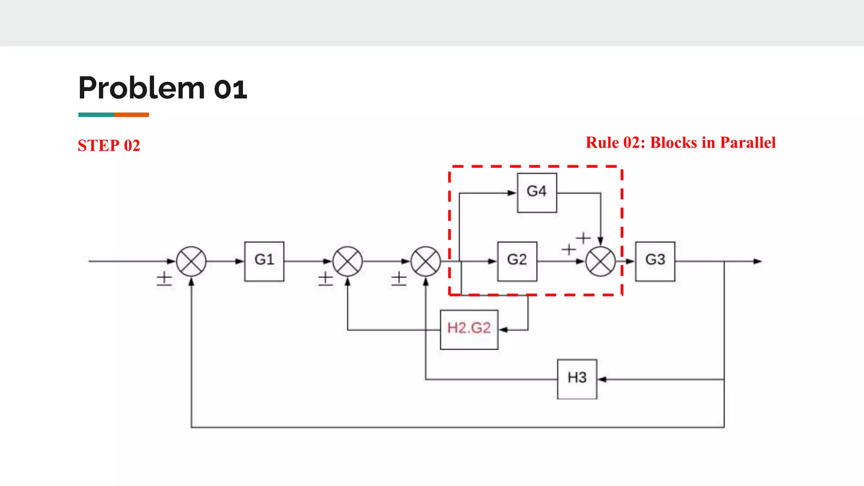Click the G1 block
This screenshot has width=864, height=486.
tap(264, 261)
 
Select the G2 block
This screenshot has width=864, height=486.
tap(517, 261)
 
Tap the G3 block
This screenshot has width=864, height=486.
tap(655, 261)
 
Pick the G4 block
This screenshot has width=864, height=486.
tap(537, 192)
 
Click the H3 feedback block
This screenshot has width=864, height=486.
tap(577, 379)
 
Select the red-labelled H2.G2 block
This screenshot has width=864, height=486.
tap(469, 329)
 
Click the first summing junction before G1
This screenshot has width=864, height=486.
tap(191, 261)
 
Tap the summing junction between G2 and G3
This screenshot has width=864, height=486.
tap(600, 261)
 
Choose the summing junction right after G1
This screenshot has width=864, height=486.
tap(347, 261)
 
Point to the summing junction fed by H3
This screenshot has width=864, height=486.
tap(426, 261)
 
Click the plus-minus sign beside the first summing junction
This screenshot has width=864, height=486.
tap(164, 278)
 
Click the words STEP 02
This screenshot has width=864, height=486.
tap(109, 146)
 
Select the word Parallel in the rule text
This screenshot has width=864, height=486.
tap(748, 143)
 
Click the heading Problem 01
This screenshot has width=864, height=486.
tap(162, 88)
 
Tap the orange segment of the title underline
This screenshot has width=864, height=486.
tap(131, 115)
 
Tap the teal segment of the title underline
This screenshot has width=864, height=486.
tap(96, 115)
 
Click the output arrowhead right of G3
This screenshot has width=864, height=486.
tap(758, 261)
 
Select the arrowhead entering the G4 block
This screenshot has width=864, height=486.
tap(512, 193)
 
